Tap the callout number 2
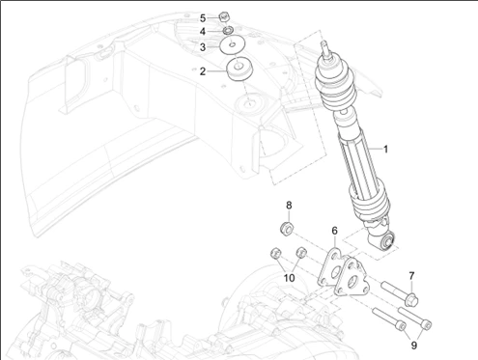click(203, 71)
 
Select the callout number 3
click(203, 46)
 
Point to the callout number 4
click(203, 32)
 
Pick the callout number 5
click(203, 17)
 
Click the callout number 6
click(334, 232)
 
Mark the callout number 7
click(411, 276)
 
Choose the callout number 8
click(288, 206)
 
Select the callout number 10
click(289, 278)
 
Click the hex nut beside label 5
click(224, 15)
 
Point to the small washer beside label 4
click(229, 31)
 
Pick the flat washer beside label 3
click(233, 46)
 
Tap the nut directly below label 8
click(287, 228)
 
